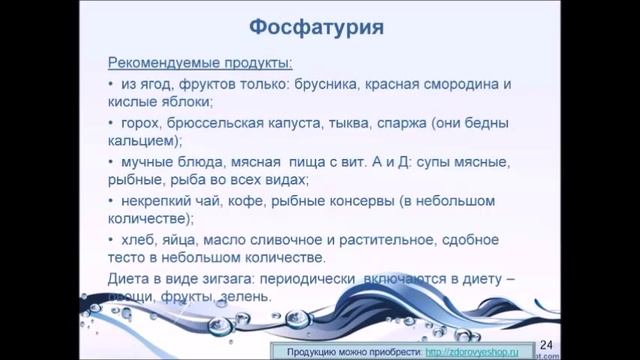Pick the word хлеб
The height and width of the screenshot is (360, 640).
(139, 240)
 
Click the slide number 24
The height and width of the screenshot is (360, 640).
(546, 345)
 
